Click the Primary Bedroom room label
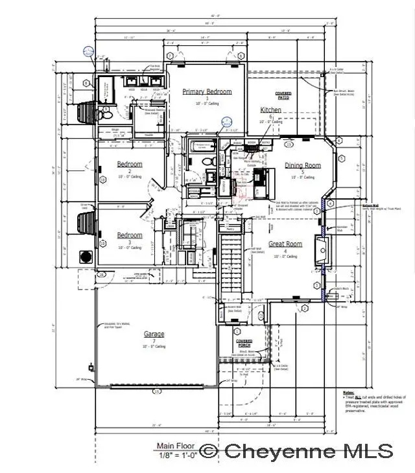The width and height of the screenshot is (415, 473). pyautogui.click(x=207, y=92)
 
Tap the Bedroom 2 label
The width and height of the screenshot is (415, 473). pyautogui.click(x=130, y=164)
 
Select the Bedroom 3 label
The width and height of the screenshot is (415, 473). pyautogui.click(x=130, y=235)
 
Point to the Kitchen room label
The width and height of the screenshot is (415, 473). pyautogui.click(x=270, y=110)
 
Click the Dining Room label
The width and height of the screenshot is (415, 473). pyautogui.click(x=303, y=165)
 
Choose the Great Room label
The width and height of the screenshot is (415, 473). pyautogui.click(x=286, y=244)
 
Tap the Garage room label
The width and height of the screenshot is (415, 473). pyautogui.click(x=154, y=334)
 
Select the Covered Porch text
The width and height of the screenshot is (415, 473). pyautogui.click(x=244, y=341)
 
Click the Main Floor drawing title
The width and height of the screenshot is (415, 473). pyautogui.click(x=175, y=446)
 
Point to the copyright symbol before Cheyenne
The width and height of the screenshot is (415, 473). pyautogui.click(x=209, y=450)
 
